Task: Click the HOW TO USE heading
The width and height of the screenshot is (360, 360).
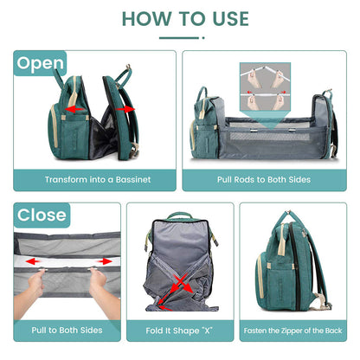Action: (x=184, y=18)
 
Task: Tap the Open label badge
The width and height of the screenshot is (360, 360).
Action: (x=41, y=62)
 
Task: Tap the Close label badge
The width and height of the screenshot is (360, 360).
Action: (x=42, y=215)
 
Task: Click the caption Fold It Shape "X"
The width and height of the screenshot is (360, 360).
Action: (x=179, y=330)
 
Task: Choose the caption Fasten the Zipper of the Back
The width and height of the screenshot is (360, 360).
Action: (x=292, y=330)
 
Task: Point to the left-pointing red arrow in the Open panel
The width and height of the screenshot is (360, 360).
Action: (x=76, y=111)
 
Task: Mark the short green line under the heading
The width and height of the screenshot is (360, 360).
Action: (x=179, y=37)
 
